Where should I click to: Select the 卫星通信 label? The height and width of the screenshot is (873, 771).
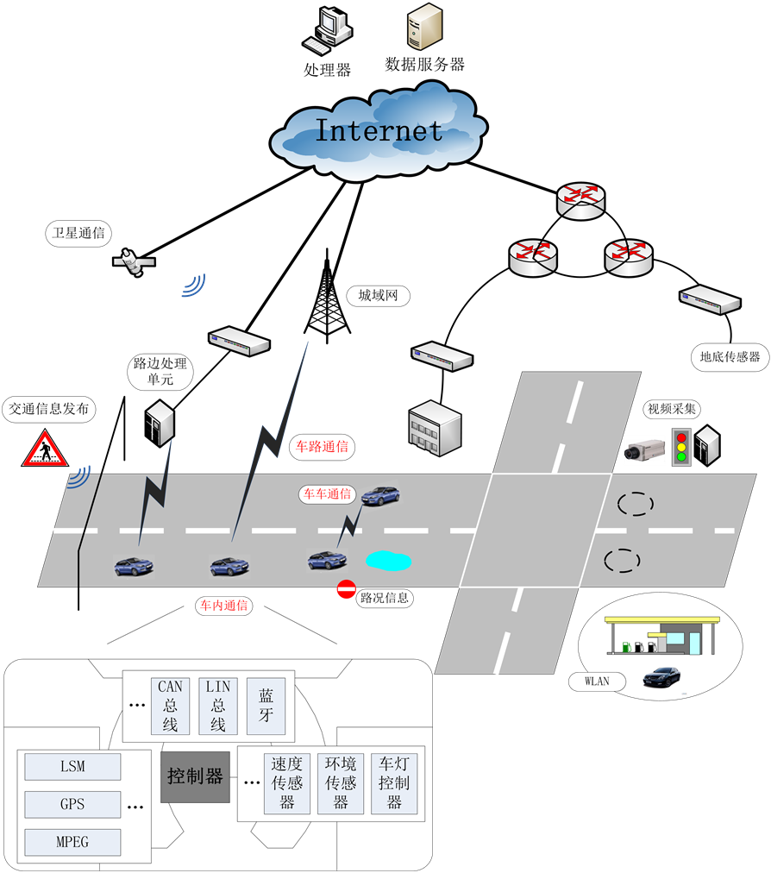tap(78, 232)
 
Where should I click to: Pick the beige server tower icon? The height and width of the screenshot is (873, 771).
tap(424, 26)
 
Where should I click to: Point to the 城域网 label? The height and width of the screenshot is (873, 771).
tap(378, 296)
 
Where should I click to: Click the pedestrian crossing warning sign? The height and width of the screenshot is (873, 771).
tap(45, 449)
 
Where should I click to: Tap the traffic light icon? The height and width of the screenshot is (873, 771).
tap(682, 445)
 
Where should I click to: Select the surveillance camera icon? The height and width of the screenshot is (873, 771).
tap(644, 449)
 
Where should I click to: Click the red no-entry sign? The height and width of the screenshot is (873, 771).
tap(346, 590)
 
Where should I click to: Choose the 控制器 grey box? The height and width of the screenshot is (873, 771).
tap(195, 777)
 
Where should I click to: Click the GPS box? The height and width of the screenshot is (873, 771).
tap(72, 804)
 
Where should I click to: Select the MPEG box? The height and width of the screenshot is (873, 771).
tap(72, 841)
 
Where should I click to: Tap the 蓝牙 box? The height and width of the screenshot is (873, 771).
tap(265, 706)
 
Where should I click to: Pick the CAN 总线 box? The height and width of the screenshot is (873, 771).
tap(170, 706)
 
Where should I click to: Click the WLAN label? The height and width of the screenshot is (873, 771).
tap(597, 681)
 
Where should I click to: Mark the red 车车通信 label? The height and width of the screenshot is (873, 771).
tap(327, 494)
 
